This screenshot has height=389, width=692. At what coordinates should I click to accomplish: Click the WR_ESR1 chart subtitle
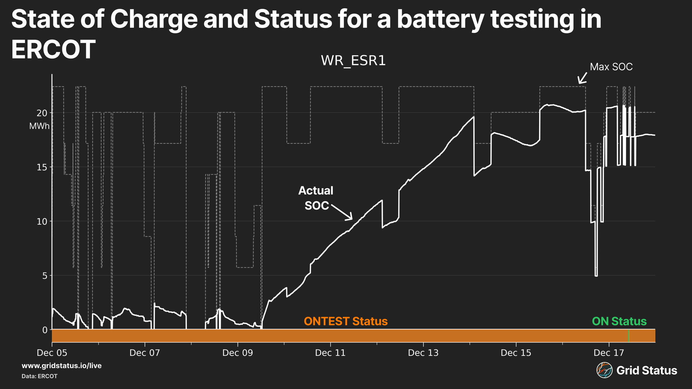tap(353, 61)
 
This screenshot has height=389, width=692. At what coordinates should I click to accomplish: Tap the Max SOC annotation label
tap(611, 67)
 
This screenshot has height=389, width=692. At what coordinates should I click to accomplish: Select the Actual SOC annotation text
tap(316, 198)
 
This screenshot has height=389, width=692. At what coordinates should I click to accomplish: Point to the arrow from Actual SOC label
tap(342, 212)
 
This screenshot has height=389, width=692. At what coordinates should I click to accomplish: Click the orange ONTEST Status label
tap(346, 321)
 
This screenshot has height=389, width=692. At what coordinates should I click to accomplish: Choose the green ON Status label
tap(619, 321)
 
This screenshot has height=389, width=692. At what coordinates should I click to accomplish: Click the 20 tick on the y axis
tap(42, 113)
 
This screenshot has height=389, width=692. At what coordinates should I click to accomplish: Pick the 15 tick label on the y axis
tap(42, 167)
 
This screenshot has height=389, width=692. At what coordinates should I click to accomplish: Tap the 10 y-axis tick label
tap(42, 222)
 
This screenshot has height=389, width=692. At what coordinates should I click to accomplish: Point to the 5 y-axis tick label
tap(45, 276)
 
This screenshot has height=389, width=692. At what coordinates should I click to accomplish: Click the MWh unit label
tap(39, 126)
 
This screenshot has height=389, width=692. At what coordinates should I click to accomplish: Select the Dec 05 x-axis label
tap(52, 353)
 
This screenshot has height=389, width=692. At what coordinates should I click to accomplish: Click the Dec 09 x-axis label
tap(238, 353)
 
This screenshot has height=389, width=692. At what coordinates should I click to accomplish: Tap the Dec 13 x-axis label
tap(423, 353)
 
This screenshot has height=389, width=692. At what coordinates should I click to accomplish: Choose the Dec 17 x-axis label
tap(609, 353)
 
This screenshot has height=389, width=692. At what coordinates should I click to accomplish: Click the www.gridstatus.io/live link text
tap(62, 366)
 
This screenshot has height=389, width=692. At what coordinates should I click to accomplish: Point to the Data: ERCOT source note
tap(39, 376)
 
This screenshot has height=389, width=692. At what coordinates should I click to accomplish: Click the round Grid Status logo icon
tap(604, 370)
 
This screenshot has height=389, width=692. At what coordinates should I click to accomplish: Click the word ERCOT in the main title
tap(53, 49)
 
